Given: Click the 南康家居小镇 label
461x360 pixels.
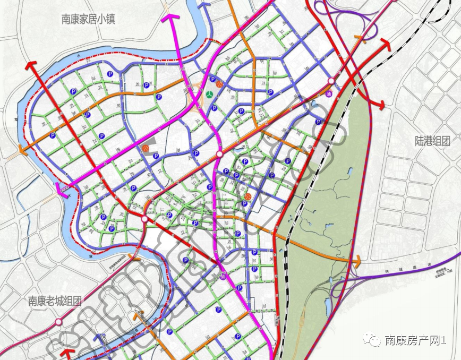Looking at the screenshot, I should [88, 20].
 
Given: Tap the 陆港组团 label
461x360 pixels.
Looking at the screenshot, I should [432, 141].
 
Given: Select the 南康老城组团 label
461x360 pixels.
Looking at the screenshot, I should [55, 301].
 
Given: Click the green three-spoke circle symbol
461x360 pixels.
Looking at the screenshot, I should [211, 95].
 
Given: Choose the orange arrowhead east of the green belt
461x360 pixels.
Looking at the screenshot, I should [357, 261].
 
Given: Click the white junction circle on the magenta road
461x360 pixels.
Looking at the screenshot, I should [219, 155].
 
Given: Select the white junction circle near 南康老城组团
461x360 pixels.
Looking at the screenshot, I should [58, 322].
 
